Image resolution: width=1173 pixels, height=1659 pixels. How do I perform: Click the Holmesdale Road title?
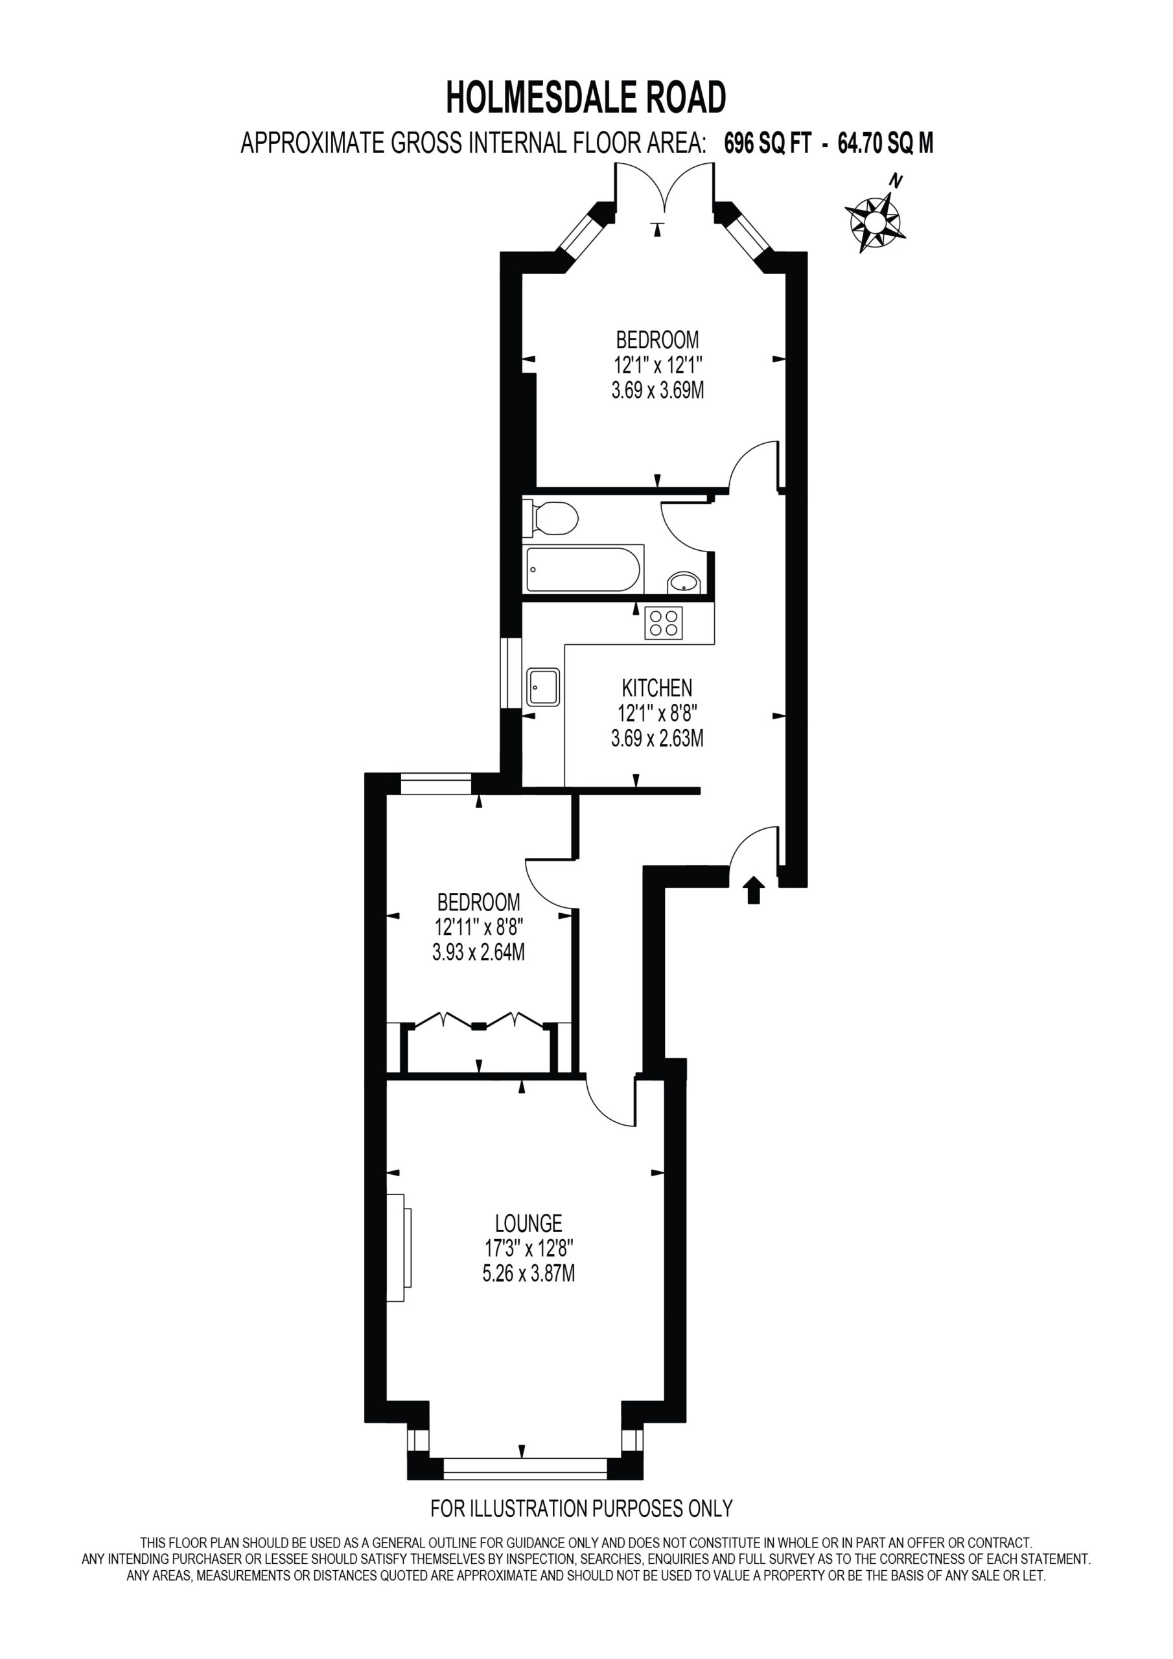click(586, 99)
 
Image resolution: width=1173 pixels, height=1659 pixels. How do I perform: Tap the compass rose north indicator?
click(896, 181)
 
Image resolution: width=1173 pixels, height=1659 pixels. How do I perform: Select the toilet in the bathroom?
click(551, 518)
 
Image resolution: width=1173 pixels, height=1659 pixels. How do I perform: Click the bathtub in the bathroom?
click(583, 570)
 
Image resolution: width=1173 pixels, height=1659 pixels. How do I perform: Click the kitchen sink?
click(544, 686)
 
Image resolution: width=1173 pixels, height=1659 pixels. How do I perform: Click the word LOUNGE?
click(528, 1224)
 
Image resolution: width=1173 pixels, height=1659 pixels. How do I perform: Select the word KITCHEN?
click(657, 687)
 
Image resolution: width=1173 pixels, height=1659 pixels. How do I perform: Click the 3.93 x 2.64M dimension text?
click(478, 953)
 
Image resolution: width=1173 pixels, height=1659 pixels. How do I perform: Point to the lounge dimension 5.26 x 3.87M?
click(528, 1273)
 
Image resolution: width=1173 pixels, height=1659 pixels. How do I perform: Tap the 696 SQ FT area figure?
click(767, 144)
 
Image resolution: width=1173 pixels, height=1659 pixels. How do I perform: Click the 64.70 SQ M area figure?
click(885, 144)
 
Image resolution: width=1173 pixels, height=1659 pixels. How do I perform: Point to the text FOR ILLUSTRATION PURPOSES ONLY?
click(581, 1508)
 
